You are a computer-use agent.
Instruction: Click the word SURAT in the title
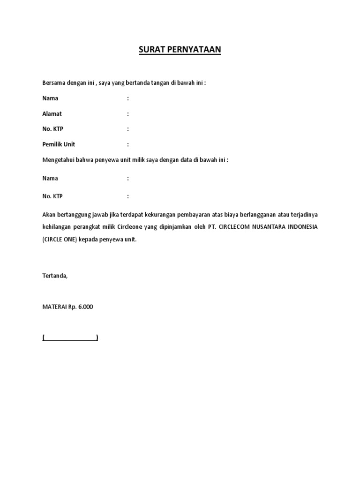point(150,50)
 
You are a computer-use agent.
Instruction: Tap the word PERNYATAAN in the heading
point(192,50)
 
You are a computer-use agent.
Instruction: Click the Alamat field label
point(52,114)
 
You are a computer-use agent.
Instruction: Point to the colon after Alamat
point(127,114)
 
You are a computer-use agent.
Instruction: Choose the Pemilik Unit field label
point(59,144)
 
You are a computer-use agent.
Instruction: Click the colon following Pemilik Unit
point(127,144)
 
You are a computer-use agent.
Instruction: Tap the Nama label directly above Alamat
point(50,98)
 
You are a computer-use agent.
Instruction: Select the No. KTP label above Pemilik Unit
point(52,129)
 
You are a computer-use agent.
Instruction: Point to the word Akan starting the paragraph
point(49,215)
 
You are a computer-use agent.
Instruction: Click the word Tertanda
point(55,276)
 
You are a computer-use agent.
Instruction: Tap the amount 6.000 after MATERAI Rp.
point(86,307)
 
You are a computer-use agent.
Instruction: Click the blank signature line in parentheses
point(70,337)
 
